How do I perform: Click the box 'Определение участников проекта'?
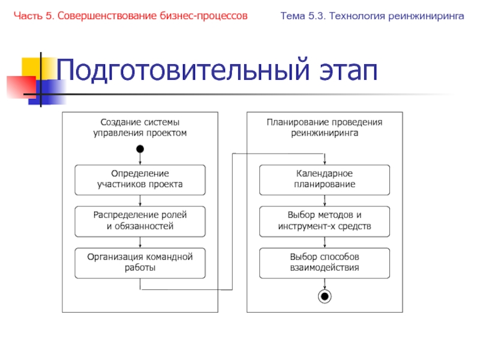tap(140, 179)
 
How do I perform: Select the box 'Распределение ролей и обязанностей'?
tap(140, 221)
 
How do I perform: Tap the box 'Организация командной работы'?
tap(140, 262)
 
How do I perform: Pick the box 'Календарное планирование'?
tap(325, 179)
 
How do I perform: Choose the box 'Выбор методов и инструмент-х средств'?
tap(325, 221)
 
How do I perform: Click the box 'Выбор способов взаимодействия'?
tap(325, 262)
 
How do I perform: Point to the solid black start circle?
tap(140, 149)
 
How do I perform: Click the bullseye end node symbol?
tap(325, 296)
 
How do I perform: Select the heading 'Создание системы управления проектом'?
tap(140, 128)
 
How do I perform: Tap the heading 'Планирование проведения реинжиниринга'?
tap(325, 128)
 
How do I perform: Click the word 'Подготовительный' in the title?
tap(180, 72)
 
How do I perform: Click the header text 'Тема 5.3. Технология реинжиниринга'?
tap(372, 16)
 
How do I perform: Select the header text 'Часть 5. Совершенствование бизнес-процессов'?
tap(131, 16)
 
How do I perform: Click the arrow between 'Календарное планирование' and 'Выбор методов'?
tap(325, 200)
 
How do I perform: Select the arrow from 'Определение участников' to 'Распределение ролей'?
tap(140, 200)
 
